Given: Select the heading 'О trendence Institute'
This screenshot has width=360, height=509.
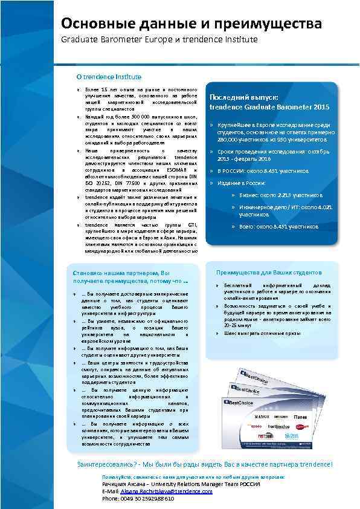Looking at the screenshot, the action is [x=109, y=77].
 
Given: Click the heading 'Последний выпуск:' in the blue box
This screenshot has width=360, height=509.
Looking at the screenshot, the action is [x=243, y=97].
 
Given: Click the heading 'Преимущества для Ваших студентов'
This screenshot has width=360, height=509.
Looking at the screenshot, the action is [x=269, y=273].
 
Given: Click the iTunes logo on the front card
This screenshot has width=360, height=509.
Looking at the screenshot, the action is [x=300, y=417].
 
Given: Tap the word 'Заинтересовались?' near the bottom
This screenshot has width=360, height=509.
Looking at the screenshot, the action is [x=106, y=464].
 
